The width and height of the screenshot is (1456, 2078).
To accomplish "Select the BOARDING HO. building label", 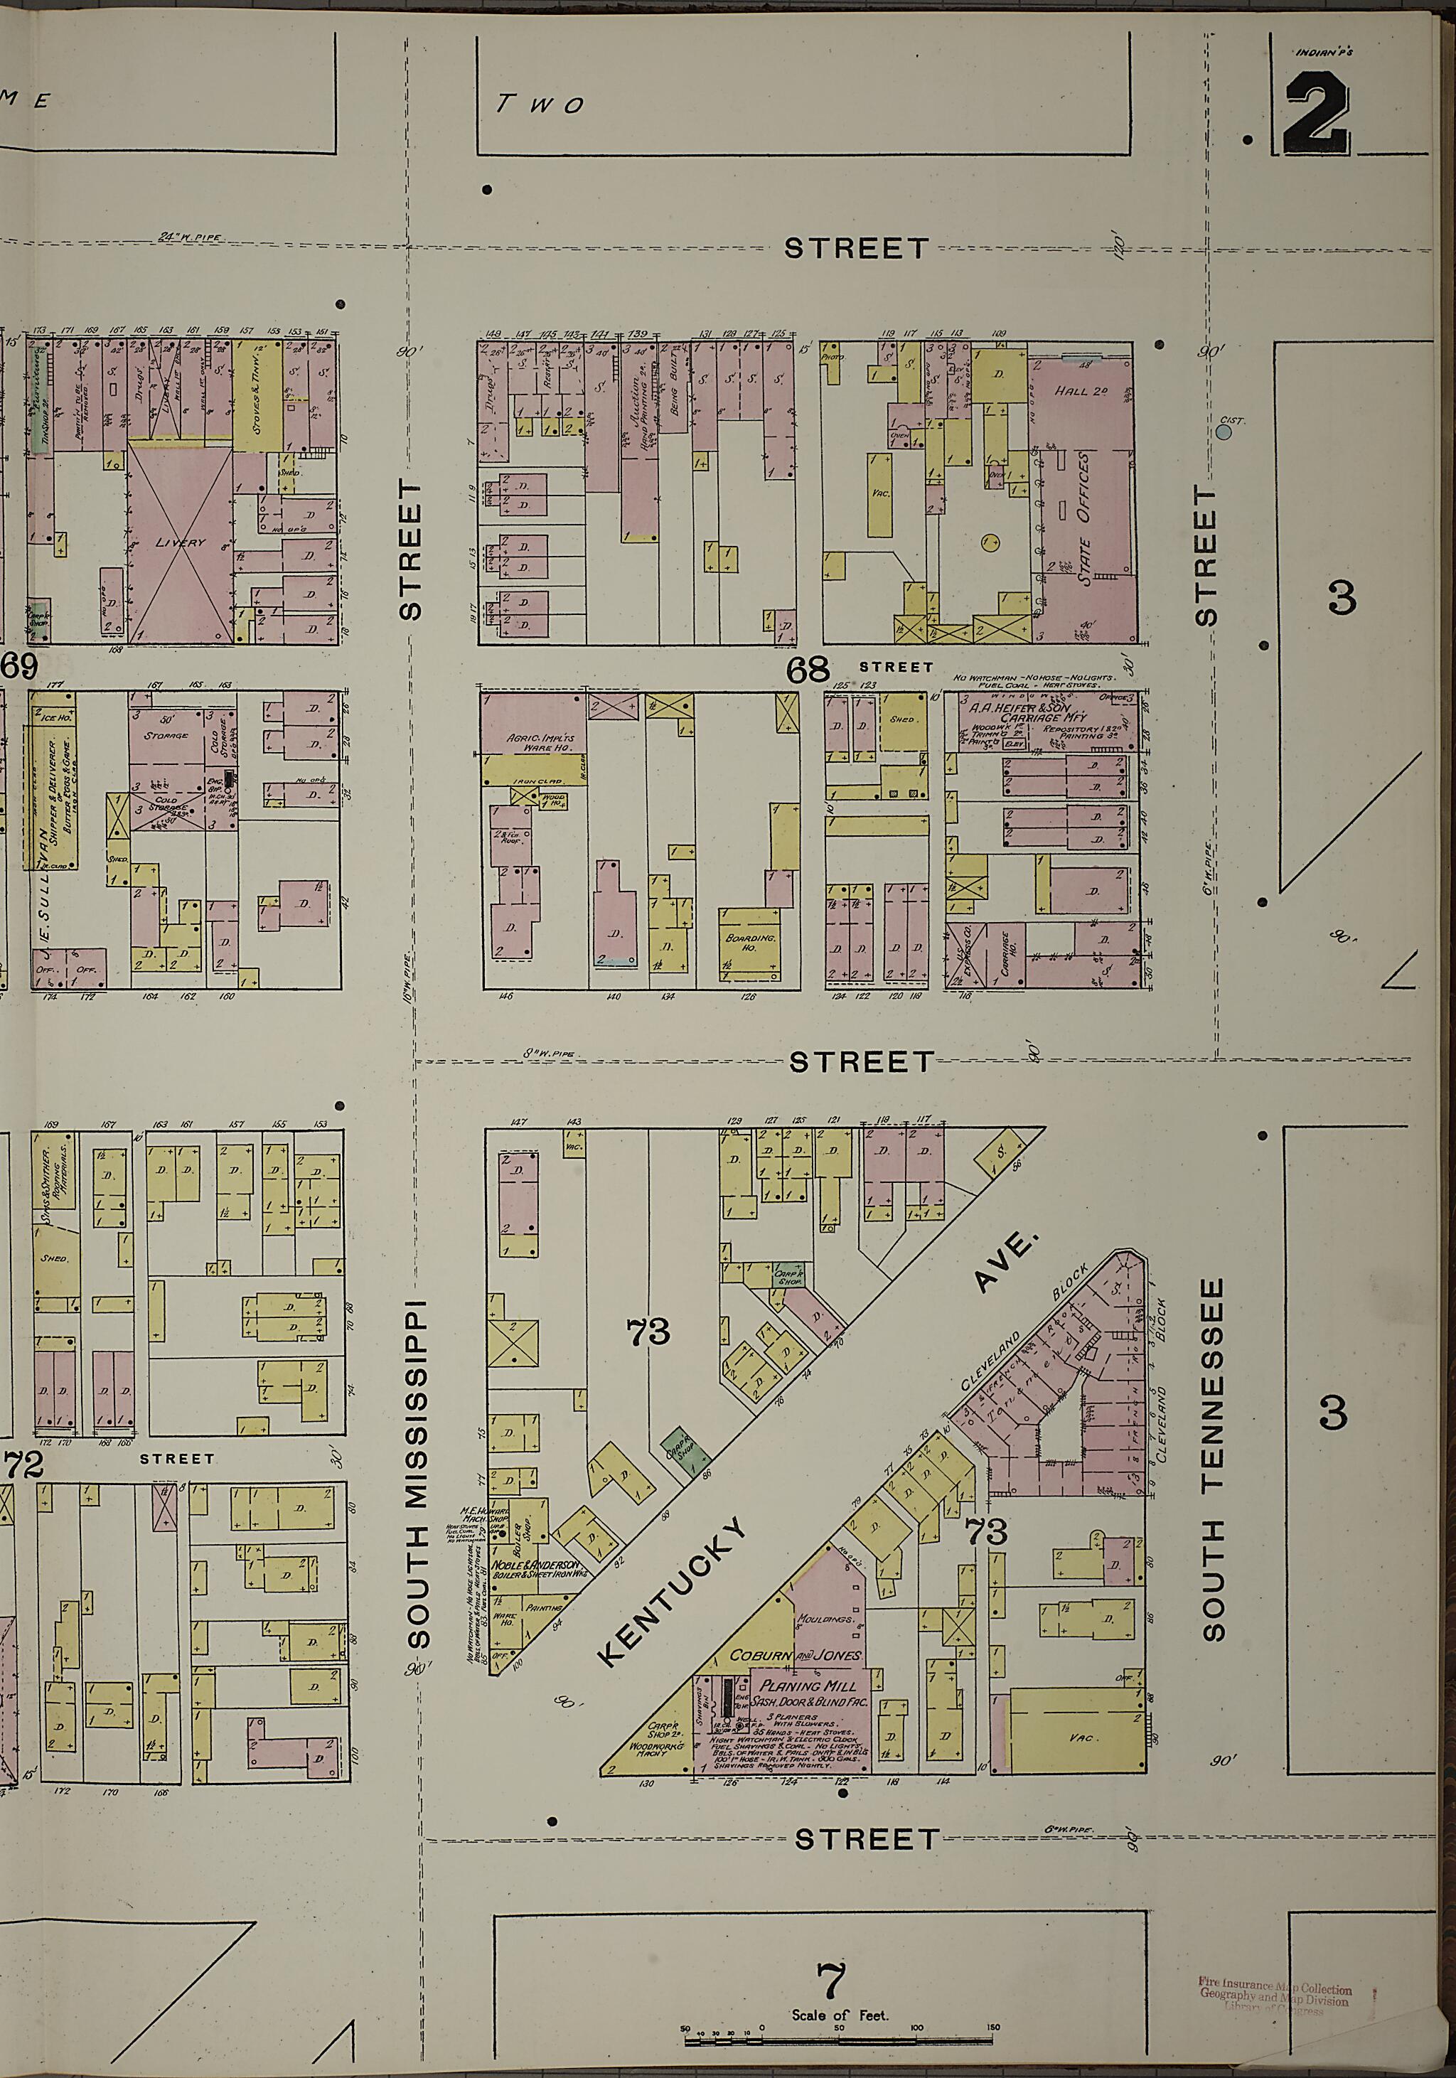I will pos(750,942).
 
